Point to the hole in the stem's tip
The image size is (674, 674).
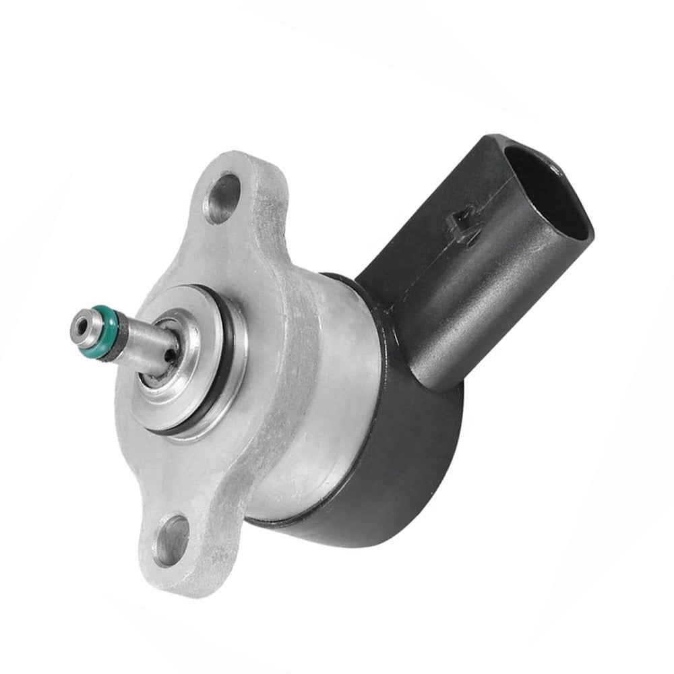coord(82,326)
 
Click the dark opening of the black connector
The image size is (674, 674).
coord(546,195)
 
